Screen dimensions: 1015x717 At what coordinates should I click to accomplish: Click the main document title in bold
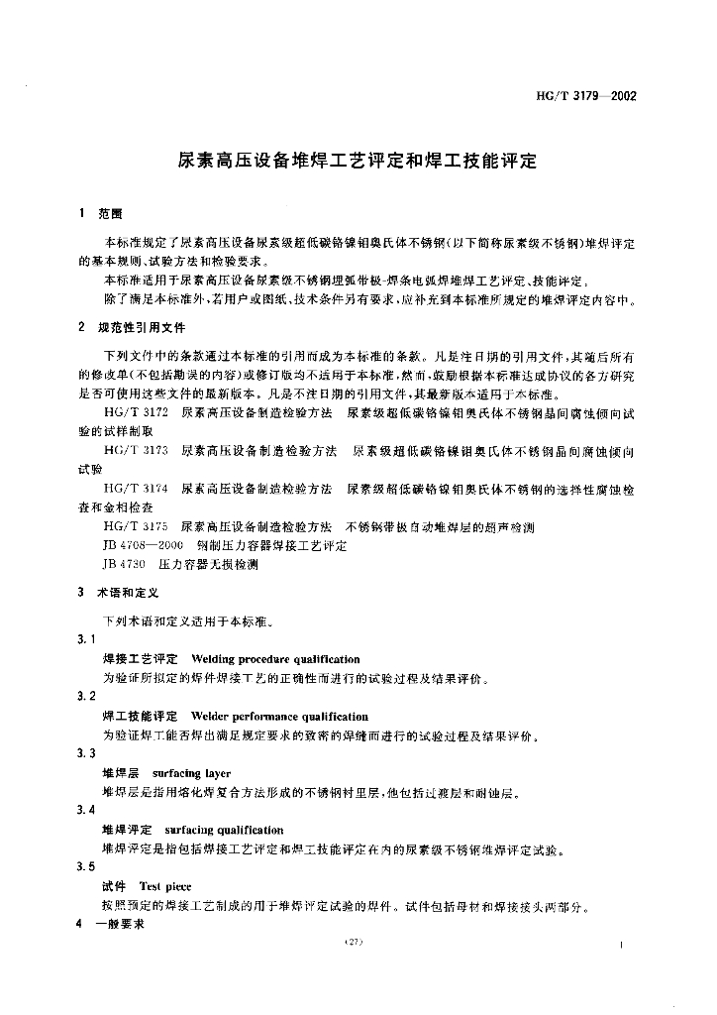pyautogui.click(x=358, y=161)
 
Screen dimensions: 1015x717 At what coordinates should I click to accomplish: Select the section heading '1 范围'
pyautogui.click(x=100, y=214)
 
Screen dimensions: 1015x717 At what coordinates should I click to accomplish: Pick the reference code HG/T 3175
pyautogui.click(x=136, y=527)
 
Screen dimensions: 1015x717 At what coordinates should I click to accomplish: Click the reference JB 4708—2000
pyautogui.click(x=143, y=546)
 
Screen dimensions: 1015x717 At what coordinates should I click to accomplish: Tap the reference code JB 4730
pyautogui.click(x=124, y=565)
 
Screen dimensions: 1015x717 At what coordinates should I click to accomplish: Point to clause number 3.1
pyautogui.click(x=86, y=639)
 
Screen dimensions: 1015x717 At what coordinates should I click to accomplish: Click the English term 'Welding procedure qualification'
pyautogui.click(x=275, y=659)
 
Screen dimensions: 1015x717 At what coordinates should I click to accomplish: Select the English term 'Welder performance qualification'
pyautogui.click(x=279, y=717)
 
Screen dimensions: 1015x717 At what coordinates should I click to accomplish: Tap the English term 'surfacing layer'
pyautogui.click(x=192, y=773)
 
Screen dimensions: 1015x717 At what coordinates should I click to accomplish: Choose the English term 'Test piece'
pyautogui.click(x=165, y=886)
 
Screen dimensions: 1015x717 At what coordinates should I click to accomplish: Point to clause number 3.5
pyautogui.click(x=86, y=866)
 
